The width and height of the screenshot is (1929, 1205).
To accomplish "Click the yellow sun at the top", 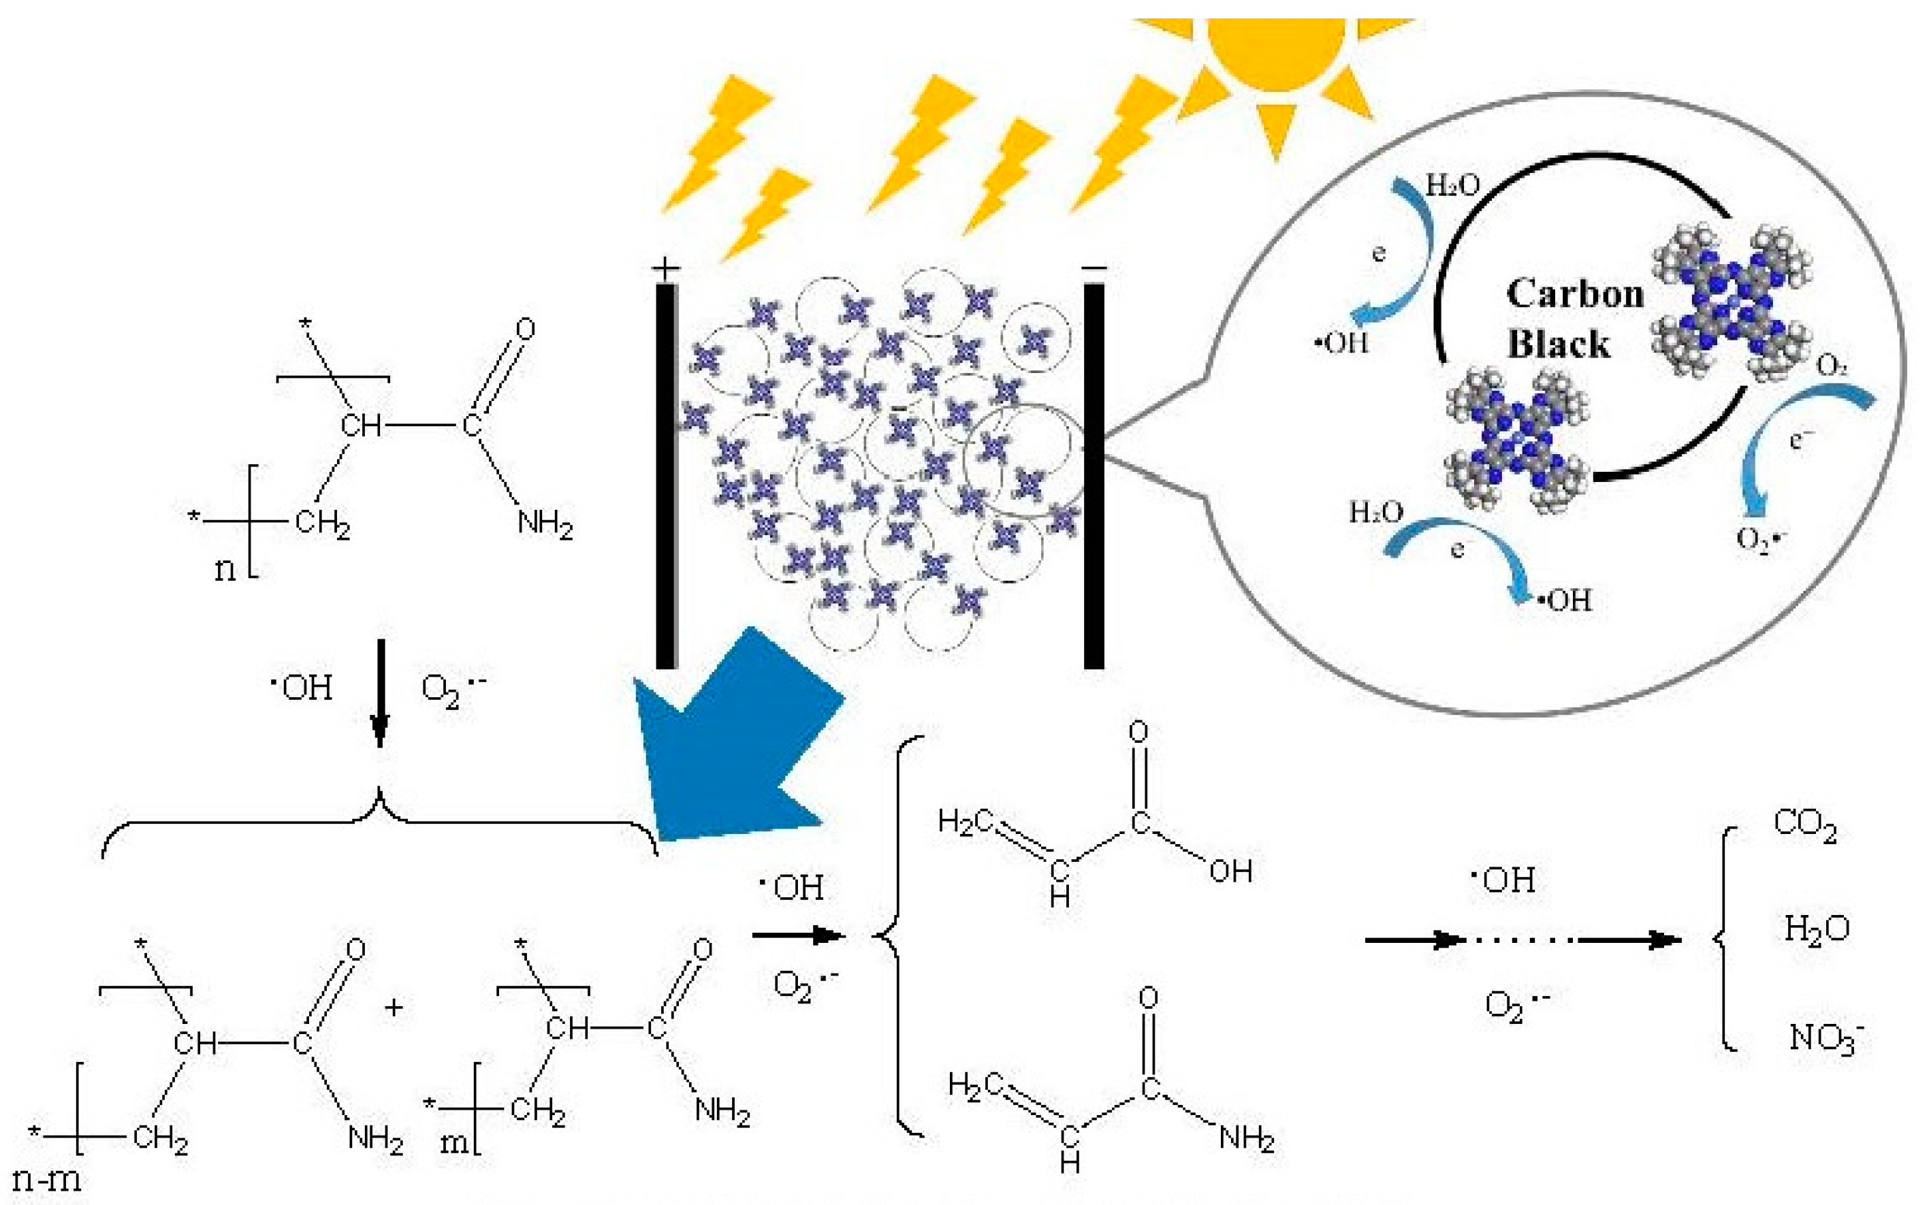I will coord(1275,48).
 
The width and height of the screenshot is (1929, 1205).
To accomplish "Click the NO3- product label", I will coord(1826,1038).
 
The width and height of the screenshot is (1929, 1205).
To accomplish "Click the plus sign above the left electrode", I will coord(666,269).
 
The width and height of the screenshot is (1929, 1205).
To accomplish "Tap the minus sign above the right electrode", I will coord(1094,269).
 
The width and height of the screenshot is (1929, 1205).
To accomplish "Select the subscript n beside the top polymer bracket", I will coord(225,569).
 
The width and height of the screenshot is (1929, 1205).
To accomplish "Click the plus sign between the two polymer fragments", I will coord(393,1008).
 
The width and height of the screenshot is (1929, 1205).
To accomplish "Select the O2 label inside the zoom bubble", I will coord(1832,366).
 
